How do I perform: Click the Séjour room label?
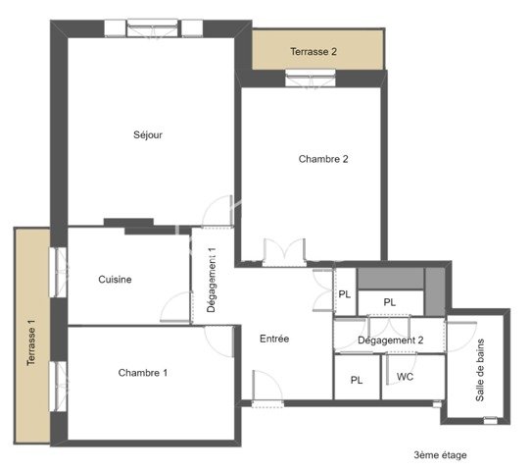click(x=148, y=135)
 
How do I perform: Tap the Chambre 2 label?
click(x=323, y=159)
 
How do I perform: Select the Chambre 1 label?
click(x=143, y=373)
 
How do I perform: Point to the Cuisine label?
click(x=115, y=280)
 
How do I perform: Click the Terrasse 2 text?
click(x=314, y=52)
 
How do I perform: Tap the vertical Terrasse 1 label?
click(x=31, y=342)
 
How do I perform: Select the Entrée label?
click(x=274, y=339)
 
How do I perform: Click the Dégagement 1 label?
click(x=211, y=280)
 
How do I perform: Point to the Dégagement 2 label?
click(x=391, y=340)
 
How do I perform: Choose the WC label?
click(x=405, y=377)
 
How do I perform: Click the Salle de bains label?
click(x=480, y=370)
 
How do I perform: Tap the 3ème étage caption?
click(x=440, y=454)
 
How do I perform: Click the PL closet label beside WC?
click(x=357, y=380)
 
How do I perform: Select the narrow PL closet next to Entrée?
click(x=345, y=294)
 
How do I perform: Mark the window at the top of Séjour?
click(x=153, y=27)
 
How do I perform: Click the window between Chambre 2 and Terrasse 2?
click(x=311, y=78)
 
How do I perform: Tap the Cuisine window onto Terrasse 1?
click(x=58, y=273)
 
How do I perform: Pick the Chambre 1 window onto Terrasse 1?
click(x=58, y=387)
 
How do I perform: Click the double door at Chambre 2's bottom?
click(x=284, y=252)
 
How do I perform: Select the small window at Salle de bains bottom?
click(x=490, y=420)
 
